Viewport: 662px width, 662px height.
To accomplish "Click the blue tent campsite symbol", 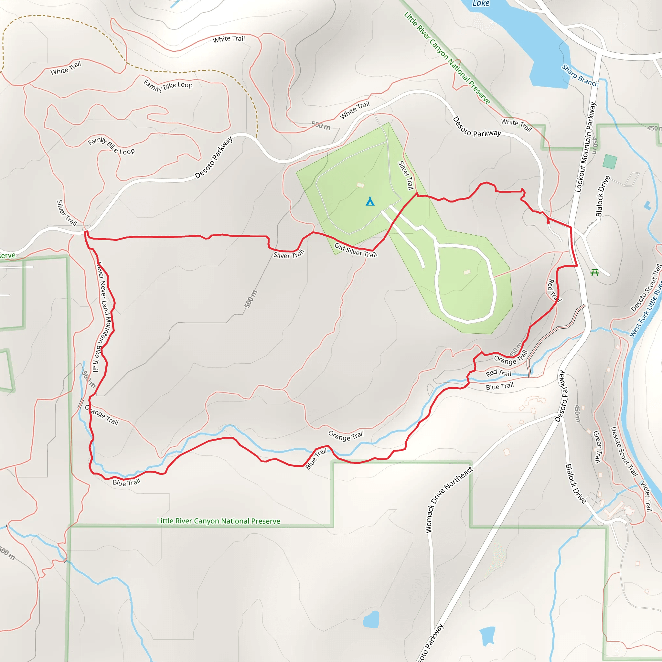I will click(x=370, y=201).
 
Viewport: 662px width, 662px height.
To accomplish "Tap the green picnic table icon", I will click(x=595, y=272).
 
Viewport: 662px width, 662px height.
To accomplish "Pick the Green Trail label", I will click(x=598, y=447).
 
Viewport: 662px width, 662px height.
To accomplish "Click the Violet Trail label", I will click(x=646, y=496).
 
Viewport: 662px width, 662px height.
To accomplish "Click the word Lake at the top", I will click(x=481, y=4).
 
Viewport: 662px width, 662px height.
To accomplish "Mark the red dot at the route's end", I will click(x=548, y=222).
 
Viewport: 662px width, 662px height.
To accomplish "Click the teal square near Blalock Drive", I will click(x=610, y=161).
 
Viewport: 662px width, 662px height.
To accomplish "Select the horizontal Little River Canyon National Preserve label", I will click(x=218, y=521).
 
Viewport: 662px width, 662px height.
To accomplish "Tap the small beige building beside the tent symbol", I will click(x=360, y=185).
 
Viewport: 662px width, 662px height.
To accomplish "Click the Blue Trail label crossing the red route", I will click(x=316, y=459).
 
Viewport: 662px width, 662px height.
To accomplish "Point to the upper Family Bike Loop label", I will click(x=168, y=85).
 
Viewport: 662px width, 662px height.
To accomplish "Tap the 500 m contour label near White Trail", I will click(x=321, y=126).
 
